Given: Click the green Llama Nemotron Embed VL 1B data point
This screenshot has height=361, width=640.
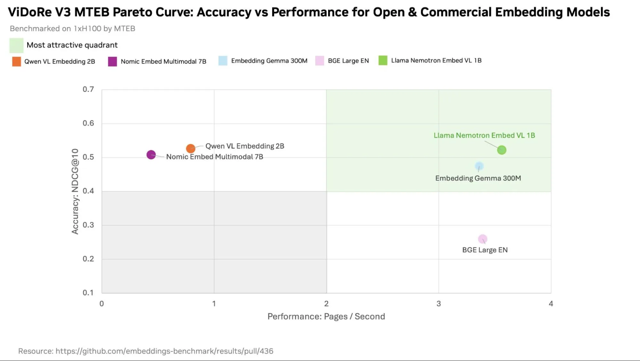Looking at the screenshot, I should coord(501,150).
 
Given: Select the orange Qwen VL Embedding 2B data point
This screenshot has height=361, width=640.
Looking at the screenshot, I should coord(190,148).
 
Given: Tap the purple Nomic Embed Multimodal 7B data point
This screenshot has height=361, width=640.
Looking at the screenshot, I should coord(151,155).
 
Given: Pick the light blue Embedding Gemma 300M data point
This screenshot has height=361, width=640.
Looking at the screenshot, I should coord(479,166).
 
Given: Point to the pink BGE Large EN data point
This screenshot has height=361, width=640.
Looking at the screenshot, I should coord(482,239).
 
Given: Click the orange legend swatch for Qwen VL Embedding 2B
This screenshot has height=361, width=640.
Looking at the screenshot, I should coord(17,61).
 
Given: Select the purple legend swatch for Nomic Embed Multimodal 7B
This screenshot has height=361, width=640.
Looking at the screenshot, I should coord(112,61).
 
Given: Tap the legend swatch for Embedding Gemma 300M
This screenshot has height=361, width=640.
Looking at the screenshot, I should coord(223,61).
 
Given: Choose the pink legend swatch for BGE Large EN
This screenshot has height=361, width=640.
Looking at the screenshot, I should coord(320,61).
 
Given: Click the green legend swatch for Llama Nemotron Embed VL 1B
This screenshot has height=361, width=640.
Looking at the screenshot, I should coord(383,60).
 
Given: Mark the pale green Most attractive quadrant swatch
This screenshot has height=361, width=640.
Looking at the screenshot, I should coord(16,45).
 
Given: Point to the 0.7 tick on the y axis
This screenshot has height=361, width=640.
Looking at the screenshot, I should coord(88,89).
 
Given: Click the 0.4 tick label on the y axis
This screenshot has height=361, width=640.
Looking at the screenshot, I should coord(88,191).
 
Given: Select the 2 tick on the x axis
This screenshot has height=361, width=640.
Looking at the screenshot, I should coord(326,303).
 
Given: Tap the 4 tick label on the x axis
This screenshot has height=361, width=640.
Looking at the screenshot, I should coord(551,303).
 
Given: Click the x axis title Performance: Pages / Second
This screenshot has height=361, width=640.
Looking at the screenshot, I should coord(326,317).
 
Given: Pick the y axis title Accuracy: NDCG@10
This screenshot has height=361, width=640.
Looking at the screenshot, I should coord(75,191).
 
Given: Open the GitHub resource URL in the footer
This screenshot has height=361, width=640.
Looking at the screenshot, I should coord(164,351).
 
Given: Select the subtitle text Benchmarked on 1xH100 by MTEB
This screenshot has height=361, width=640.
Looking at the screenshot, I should coord(72,28).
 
